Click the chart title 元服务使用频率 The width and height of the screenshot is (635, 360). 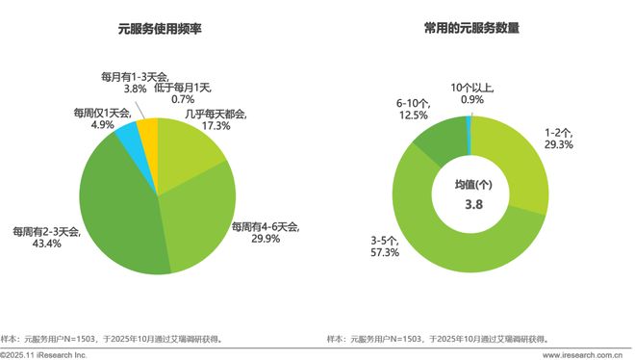coord(146,29)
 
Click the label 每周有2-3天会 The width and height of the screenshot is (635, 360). coord(47,233)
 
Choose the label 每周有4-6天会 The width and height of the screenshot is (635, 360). coord(265,227)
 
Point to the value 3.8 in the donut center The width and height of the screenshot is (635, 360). coord(470,203)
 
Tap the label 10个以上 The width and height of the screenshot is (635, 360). coord(472,89)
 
